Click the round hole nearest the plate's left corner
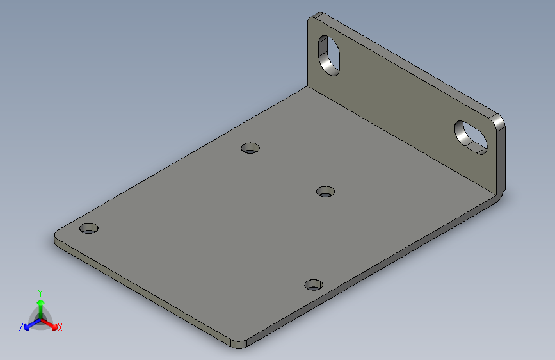pyautogui.click(x=89, y=228)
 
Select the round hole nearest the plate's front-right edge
pyautogui.click(x=312, y=284)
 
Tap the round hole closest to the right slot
pyautogui.click(x=326, y=191)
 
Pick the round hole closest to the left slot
pyautogui.click(x=250, y=148)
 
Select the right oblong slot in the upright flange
pyautogui.click(x=471, y=136)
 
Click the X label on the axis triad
pyautogui.click(x=60, y=328)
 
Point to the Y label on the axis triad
pyautogui.click(x=40, y=291)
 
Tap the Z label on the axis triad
pyautogui.click(x=21, y=327)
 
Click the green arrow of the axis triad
pyautogui.click(x=40, y=302)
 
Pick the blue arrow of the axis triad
pyautogui.click(x=29, y=325)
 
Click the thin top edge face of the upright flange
pyautogui.click(x=410, y=64)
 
